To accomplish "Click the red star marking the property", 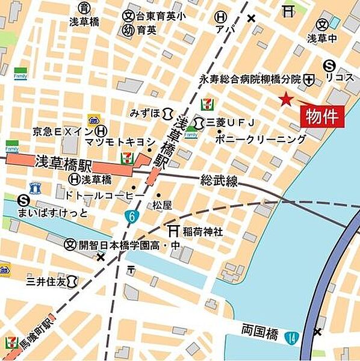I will coord(285,99).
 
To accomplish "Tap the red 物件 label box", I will coord(323,116).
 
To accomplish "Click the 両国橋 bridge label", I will coord(258,330).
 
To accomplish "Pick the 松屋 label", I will coord(162,205).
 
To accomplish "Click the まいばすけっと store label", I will coord(61,213).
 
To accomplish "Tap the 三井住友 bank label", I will coord(45,280).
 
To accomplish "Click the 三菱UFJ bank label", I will coord(231,123).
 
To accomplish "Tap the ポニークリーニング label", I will coord(262,139).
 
